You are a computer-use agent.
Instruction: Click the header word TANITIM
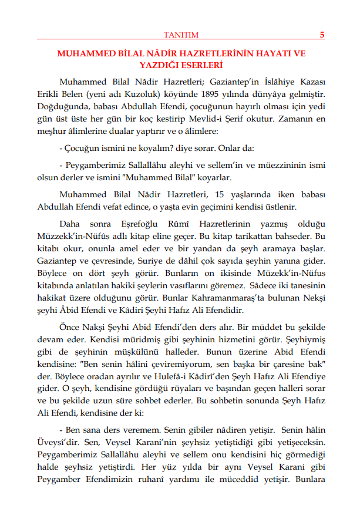click(x=180, y=35)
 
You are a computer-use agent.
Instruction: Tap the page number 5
click(x=322, y=35)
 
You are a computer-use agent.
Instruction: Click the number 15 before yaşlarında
click(x=220, y=194)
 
